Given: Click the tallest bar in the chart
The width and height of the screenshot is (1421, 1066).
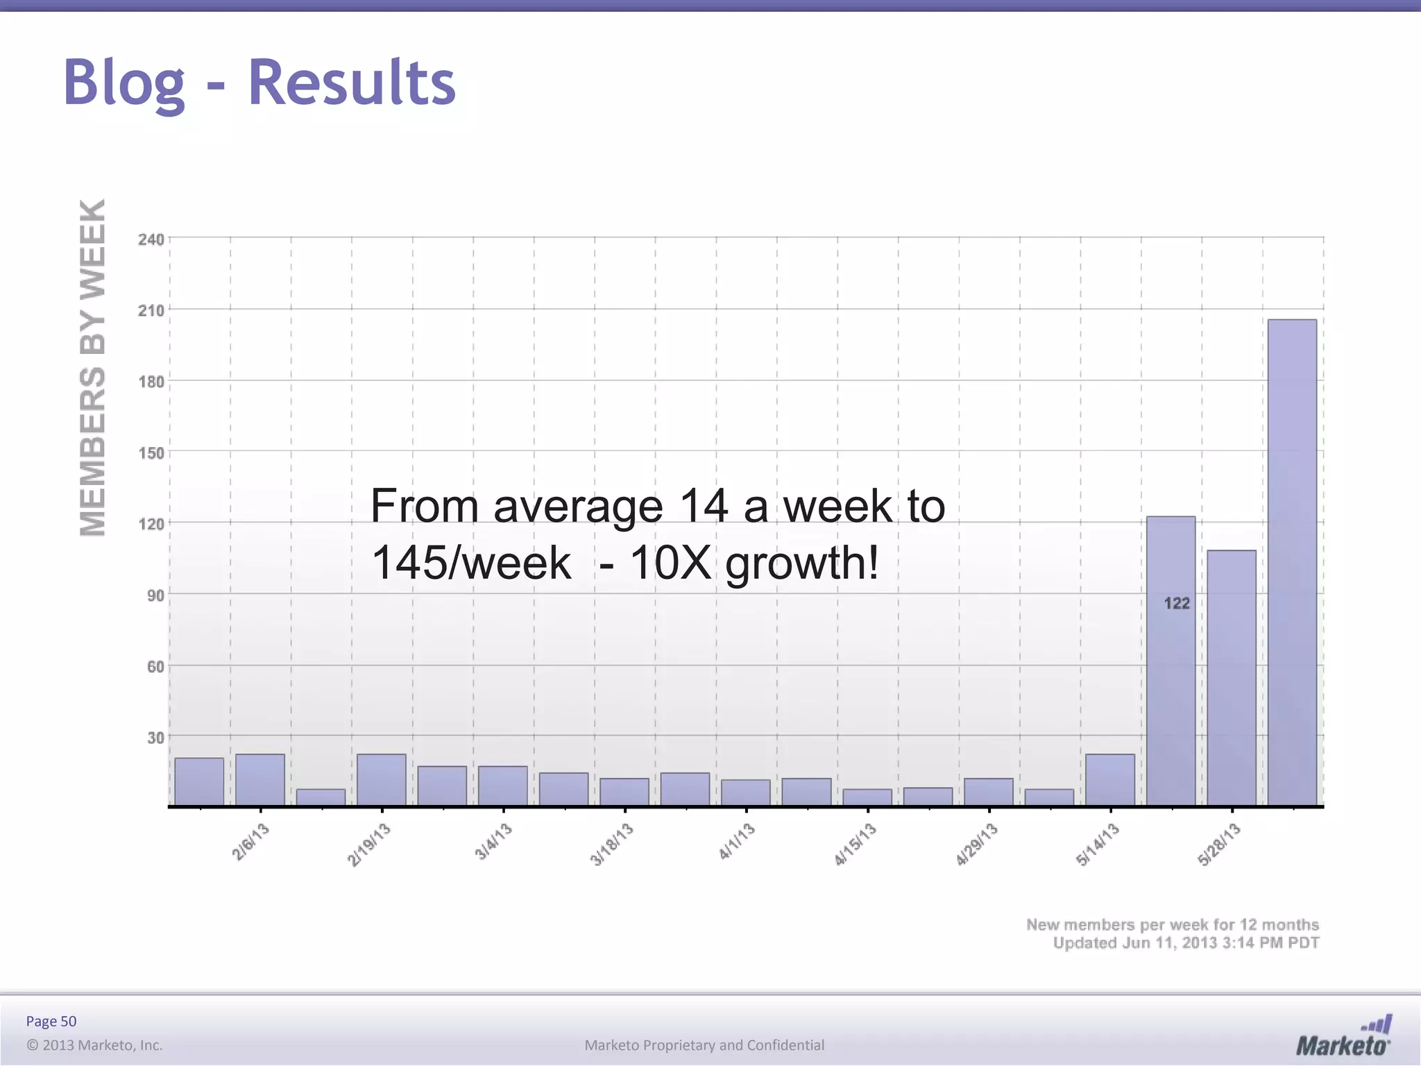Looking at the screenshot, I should coord(1292,562).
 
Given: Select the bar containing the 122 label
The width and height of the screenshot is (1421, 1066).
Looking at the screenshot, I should coord(1171,659).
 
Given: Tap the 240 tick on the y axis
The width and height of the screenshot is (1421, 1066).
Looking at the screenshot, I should coord(151,239).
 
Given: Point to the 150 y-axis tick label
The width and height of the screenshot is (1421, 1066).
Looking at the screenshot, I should coord(151,453).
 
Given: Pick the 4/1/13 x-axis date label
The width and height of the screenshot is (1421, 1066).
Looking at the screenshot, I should coord(736,841).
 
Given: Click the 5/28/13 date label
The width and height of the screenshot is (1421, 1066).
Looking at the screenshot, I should coord(1219,844).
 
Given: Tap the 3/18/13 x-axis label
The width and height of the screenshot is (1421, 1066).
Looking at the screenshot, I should coord(612,844).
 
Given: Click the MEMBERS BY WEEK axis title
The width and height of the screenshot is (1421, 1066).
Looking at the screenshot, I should coord(93,368).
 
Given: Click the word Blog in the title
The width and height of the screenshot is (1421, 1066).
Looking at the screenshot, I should coord(124,83).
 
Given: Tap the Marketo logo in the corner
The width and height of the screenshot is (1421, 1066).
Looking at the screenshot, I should coord(1343,1037).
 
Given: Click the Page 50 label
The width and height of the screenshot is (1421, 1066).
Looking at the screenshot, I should coord(51,1021).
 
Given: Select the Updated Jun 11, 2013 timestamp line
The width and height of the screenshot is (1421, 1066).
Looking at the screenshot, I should coord(1186,943).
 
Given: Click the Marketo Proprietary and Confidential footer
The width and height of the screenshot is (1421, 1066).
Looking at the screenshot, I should coord(704,1045).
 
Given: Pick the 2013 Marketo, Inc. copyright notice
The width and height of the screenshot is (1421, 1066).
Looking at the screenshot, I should coord(94,1045).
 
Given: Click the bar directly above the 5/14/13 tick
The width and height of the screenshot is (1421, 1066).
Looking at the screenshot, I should coord(1110,779).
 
